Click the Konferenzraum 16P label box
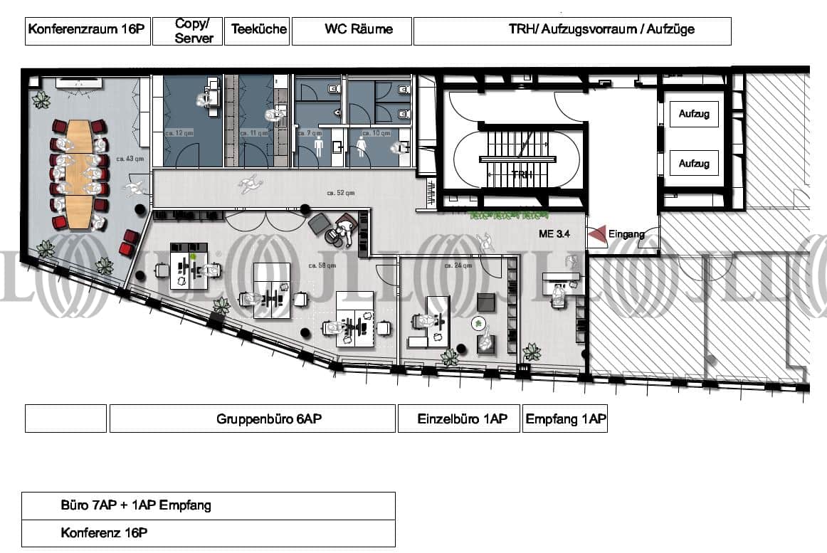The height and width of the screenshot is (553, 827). [x=87, y=31]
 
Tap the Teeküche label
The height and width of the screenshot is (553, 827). [x=258, y=30]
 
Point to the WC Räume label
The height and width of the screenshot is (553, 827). [x=353, y=30]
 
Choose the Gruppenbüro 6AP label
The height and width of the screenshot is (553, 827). [x=268, y=419]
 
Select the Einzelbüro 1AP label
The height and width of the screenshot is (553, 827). [x=462, y=419]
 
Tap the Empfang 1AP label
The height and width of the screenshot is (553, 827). [x=565, y=419]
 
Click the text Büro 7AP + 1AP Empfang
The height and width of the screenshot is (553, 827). [x=135, y=506]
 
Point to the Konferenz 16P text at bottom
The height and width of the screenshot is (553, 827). [x=104, y=532]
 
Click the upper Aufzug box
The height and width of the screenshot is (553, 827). [x=693, y=114]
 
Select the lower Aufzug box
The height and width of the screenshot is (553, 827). [x=693, y=164]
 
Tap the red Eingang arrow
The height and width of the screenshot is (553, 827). [x=596, y=234]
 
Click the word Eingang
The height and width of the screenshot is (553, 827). [x=626, y=234]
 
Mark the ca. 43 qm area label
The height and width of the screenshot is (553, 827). [x=133, y=159]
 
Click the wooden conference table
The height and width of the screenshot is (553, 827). [x=79, y=174]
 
